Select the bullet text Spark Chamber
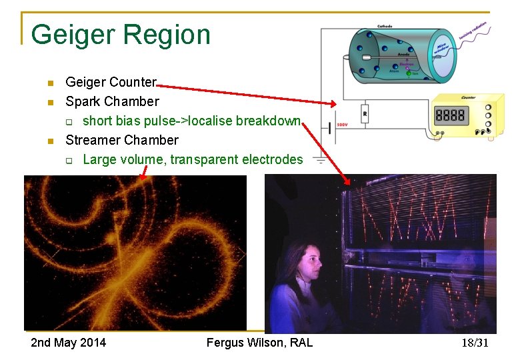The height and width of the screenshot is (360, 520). pyautogui.click(x=112, y=101)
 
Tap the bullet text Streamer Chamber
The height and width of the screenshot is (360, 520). pyautogui.click(x=122, y=140)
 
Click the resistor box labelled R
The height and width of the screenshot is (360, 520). pyautogui.click(x=365, y=113)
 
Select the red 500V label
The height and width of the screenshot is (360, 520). pyautogui.click(x=342, y=125)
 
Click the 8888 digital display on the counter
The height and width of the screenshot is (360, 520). pyautogui.click(x=450, y=115)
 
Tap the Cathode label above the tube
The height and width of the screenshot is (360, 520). pyautogui.click(x=385, y=26)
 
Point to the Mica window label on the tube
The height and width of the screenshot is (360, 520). pyautogui.click(x=441, y=45)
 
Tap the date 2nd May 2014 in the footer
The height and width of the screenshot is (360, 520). pyautogui.click(x=68, y=343)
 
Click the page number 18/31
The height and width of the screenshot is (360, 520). pyautogui.click(x=475, y=343)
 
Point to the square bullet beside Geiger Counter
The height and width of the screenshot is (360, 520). pyautogui.click(x=49, y=83)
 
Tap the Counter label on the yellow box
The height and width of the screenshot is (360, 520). pyautogui.click(x=467, y=97)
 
